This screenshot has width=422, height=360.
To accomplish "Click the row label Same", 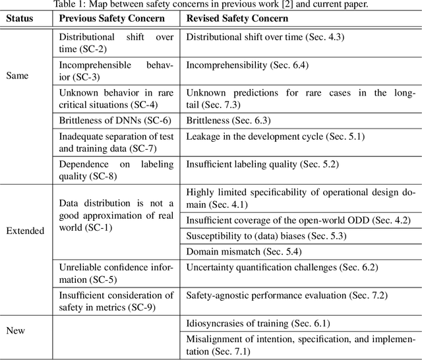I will (18, 76).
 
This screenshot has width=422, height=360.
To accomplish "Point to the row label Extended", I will (25, 231).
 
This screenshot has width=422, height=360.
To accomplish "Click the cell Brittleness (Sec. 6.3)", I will (228, 121).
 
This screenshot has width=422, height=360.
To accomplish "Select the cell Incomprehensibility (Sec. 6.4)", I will (247, 65).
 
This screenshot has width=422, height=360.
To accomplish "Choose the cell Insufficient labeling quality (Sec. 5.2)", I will (261, 164).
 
